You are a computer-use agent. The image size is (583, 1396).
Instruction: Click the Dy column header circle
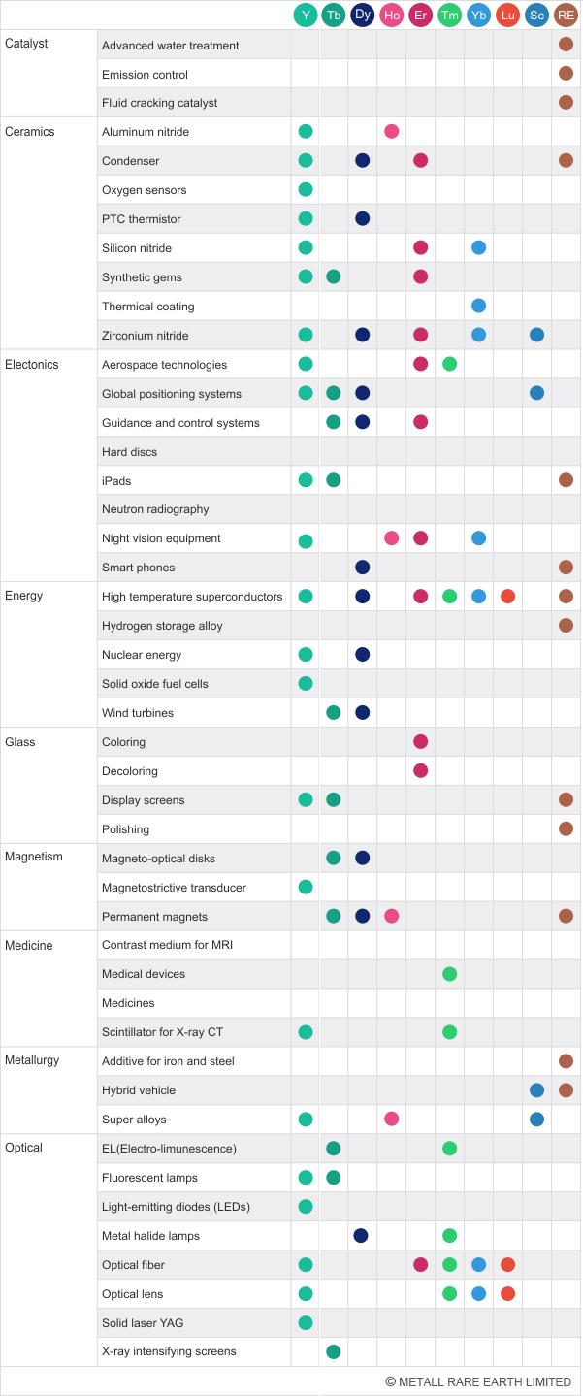[x=363, y=15]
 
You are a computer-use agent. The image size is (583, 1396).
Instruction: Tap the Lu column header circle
[x=507, y=16]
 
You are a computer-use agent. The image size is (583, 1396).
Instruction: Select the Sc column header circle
[x=536, y=16]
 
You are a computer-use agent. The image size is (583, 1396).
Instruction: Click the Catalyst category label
[x=26, y=44]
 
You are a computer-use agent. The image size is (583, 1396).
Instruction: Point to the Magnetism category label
[x=34, y=857]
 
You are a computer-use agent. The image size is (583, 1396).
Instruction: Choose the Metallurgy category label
[x=32, y=1060]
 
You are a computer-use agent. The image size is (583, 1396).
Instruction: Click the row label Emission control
[x=145, y=75]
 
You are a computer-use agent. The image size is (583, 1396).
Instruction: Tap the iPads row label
[x=116, y=481]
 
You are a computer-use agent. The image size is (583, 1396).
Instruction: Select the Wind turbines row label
[x=138, y=713]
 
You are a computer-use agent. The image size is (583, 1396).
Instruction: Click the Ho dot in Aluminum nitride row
[x=391, y=132]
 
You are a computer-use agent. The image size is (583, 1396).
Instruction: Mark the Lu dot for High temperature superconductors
[x=507, y=597]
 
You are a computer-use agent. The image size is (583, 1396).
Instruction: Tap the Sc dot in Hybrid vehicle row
[x=536, y=1090]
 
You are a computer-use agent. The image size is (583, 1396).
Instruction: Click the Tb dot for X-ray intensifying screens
[x=334, y=1351]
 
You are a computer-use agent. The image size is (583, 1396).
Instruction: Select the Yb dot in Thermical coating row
[x=478, y=307]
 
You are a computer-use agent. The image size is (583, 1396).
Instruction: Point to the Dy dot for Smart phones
[x=363, y=568]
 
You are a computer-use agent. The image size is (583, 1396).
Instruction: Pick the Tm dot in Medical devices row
[x=449, y=974]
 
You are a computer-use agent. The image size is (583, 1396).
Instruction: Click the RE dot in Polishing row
[x=566, y=829]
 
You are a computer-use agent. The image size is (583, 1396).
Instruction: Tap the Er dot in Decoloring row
[x=420, y=771]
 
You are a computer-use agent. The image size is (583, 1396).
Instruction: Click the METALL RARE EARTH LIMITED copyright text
[x=477, y=1382]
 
